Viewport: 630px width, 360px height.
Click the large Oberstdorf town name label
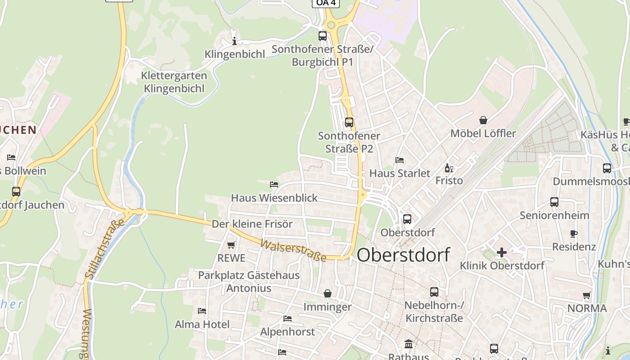point(403,255)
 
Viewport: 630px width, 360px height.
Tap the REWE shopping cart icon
point(231,245)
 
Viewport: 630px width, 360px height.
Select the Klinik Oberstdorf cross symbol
point(502,252)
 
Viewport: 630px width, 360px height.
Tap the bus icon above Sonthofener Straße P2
point(349,122)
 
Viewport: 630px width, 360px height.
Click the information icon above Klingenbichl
point(234,41)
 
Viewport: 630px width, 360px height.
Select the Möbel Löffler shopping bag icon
point(483,120)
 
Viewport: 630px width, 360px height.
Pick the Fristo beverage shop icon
point(449,168)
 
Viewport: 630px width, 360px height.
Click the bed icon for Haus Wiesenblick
point(274,184)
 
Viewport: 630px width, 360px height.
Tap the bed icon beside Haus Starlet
point(399,160)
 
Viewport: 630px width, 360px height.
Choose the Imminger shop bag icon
point(327,293)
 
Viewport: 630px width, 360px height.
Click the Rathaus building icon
point(409,344)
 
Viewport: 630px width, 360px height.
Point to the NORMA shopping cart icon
point(586,296)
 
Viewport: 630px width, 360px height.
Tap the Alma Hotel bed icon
point(202,311)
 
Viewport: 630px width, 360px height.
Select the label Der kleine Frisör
point(252,224)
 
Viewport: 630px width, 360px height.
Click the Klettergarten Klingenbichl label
point(174,82)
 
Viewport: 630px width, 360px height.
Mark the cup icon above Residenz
point(573,234)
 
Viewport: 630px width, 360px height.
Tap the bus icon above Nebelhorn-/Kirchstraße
point(434,292)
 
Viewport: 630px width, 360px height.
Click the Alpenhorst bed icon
point(288,319)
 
